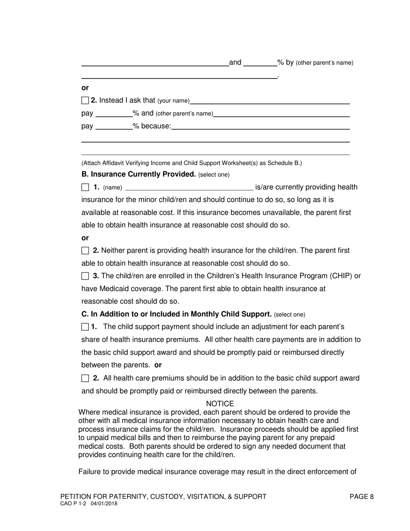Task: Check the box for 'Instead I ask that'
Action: (85, 101)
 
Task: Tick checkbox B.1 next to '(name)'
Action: (85, 187)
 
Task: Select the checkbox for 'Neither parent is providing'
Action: (85, 251)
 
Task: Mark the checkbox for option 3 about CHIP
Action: (85, 276)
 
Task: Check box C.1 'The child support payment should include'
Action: (85, 327)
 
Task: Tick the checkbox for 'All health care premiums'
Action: (85, 379)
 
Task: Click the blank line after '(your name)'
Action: (269, 102)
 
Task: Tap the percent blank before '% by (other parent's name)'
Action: (260, 64)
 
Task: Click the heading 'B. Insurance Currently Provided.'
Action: (139, 174)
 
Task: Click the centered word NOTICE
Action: (220, 404)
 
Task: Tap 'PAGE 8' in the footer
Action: (361, 496)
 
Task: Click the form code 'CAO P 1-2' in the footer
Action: (74, 503)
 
